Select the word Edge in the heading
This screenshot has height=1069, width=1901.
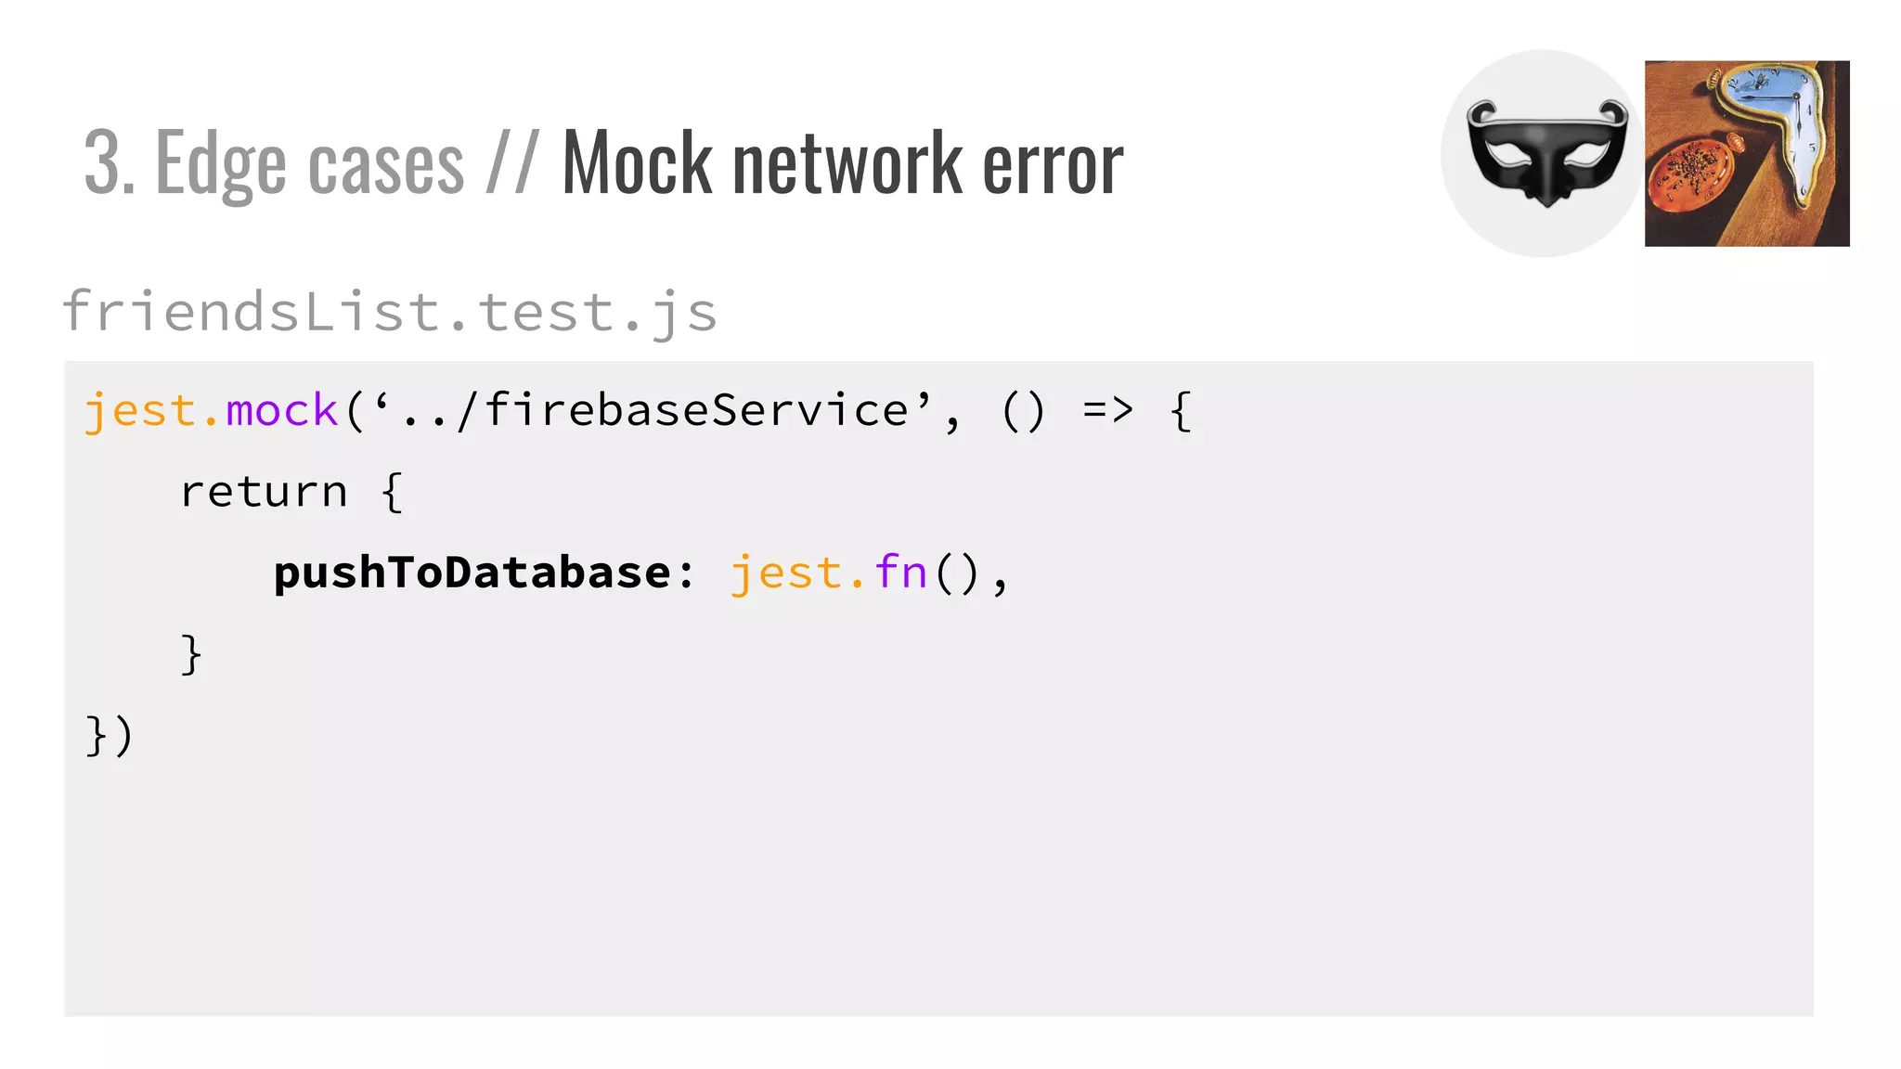click(x=221, y=165)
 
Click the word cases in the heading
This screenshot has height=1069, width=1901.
click(x=385, y=165)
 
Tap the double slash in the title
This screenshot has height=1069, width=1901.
click(x=511, y=163)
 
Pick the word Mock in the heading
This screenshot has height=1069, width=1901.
click(x=637, y=163)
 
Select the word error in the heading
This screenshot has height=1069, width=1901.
click(x=1053, y=165)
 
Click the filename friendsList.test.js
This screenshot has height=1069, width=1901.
click(x=390, y=311)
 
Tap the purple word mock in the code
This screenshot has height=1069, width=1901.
click(x=281, y=410)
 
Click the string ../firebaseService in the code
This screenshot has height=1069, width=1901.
click(x=654, y=410)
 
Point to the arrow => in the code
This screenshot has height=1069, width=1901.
click(x=1108, y=410)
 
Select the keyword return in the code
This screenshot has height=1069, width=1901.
click(x=264, y=492)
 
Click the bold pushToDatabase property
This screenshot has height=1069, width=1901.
click(x=472, y=573)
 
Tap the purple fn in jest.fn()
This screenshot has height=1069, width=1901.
click(x=900, y=573)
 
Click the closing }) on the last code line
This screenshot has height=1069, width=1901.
click(x=110, y=736)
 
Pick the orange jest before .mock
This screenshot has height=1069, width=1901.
click(x=139, y=410)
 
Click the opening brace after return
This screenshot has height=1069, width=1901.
click(x=392, y=492)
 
